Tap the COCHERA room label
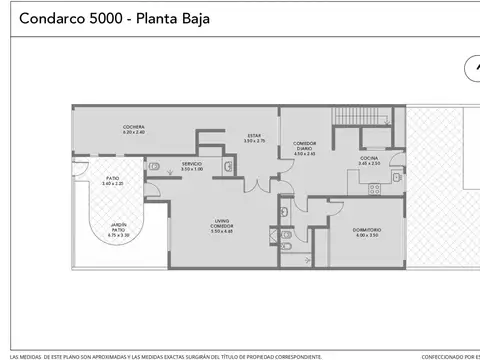[135, 129]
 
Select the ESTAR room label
[253, 138]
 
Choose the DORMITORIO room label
[366, 233]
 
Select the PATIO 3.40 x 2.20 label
[112, 183]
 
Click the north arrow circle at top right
[472, 69]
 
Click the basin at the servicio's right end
[230, 168]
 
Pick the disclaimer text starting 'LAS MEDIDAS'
[165, 355]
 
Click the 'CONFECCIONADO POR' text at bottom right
[450, 355]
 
